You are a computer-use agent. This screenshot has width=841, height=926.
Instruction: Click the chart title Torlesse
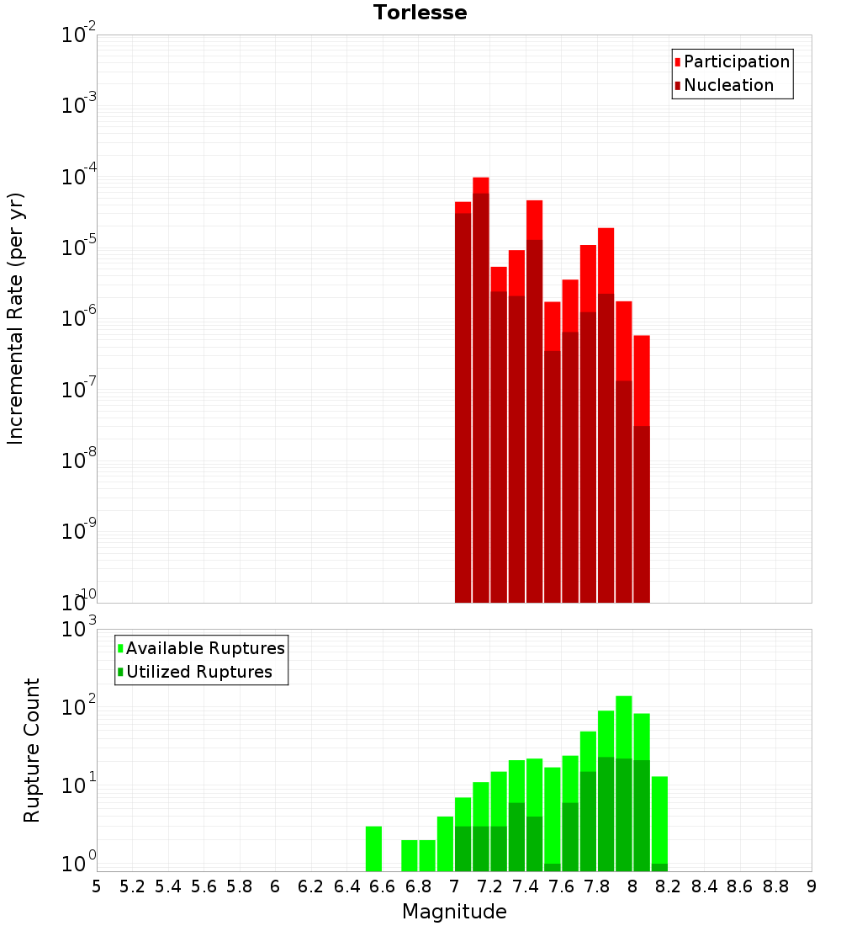pos(420,13)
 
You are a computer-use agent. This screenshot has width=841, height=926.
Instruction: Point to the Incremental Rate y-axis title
pos(16,318)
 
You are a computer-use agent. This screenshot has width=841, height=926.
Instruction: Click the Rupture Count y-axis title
pos(32,749)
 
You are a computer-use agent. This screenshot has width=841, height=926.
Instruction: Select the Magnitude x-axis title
pos(454,912)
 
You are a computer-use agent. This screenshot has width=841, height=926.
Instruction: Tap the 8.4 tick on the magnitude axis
pos(704,886)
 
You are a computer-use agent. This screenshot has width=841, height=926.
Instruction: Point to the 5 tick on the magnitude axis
pos(97,886)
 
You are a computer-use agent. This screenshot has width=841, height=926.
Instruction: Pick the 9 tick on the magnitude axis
pos(812,886)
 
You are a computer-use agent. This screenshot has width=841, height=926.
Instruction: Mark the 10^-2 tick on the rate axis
pos(79,36)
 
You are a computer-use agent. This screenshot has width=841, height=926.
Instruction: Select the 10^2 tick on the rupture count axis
pos(79,707)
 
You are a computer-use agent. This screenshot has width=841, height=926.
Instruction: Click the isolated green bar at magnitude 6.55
pos(373,849)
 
